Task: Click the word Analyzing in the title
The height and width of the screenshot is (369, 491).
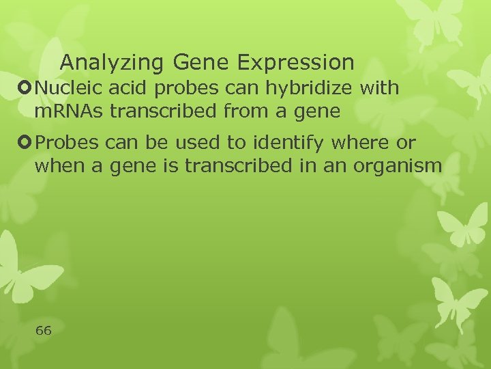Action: point(111,63)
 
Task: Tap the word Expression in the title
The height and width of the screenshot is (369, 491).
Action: point(295,63)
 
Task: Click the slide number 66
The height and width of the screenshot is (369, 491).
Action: point(43,331)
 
